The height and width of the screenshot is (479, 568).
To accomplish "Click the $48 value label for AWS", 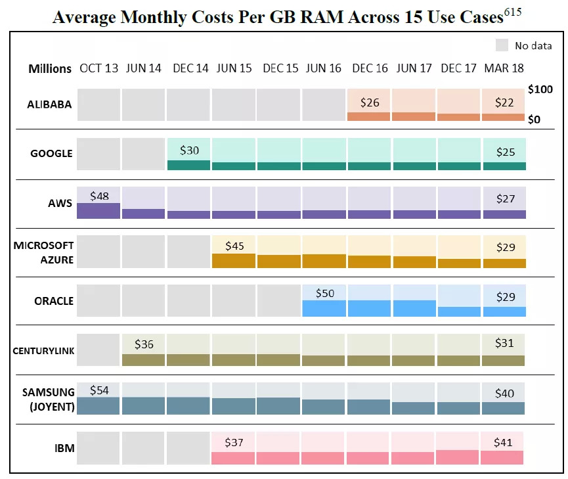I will click(x=100, y=195).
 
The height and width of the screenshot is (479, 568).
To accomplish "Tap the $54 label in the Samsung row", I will click(x=100, y=390).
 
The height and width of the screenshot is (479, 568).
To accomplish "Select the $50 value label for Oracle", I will click(x=325, y=293).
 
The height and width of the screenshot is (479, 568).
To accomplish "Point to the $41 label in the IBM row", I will click(x=504, y=443).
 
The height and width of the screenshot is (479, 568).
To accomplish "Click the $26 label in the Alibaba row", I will click(x=370, y=103).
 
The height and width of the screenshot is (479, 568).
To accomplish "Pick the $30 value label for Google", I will click(x=190, y=150).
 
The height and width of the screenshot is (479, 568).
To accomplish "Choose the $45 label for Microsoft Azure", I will click(x=234, y=246).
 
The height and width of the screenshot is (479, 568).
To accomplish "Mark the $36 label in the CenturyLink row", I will click(x=144, y=344).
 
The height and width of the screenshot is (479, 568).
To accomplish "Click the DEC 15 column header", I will click(x=281, y=68).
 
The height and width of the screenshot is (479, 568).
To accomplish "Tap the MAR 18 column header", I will click(x=504, y=68).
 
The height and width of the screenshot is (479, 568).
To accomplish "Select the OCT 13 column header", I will click(x=99, y=68).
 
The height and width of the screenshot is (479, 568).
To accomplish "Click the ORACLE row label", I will click(x=54, y=301).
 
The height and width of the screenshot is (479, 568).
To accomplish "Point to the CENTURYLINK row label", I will click(x=43, y=350).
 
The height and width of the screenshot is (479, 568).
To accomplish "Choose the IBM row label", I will click(x=64, y=449).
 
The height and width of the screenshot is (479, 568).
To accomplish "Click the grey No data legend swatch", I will click(x=502, y=45).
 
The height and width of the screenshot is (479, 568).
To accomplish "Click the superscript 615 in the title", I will click(x=512, y=12).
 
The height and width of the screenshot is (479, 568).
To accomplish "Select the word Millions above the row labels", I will click(x=50, y=69).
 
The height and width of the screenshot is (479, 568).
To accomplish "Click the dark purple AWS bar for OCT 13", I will click(x=98, y=210).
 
